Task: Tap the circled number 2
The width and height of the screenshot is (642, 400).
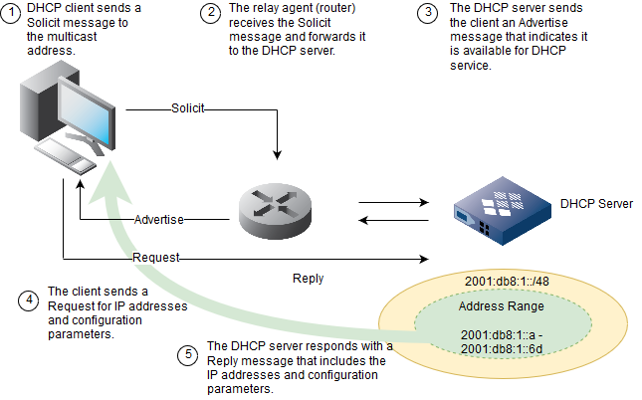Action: tap(210, 12)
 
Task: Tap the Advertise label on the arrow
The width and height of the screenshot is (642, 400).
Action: tap(159, 219)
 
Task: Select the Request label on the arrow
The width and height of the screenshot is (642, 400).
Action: tap(156, 258)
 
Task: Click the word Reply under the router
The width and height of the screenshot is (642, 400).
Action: tap(308, 279)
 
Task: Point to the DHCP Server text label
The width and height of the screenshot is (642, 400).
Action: tap(595, 204)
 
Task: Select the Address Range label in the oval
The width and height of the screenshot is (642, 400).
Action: tap(509, 306)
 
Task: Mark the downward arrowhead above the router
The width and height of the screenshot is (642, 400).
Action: tap(277, 154)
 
